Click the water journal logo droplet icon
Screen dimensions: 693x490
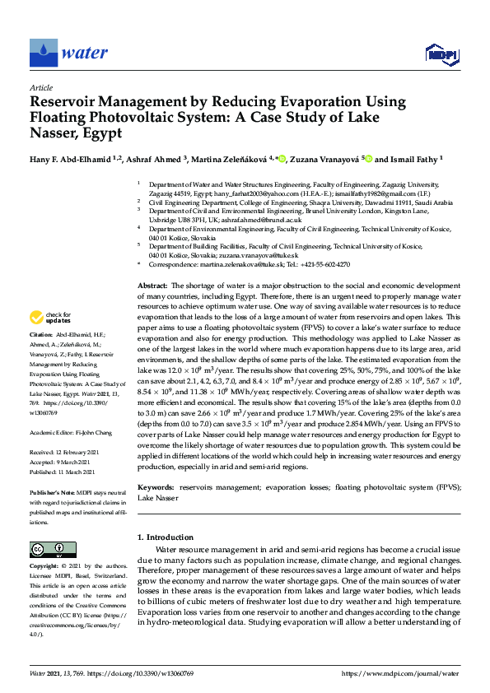(43, 53)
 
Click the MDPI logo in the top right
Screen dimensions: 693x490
(441, 54)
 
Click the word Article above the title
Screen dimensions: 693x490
(40, 87)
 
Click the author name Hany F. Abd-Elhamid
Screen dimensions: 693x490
(71, 160)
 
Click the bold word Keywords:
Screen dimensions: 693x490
(155, 488)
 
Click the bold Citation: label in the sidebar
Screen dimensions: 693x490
(40, 336)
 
